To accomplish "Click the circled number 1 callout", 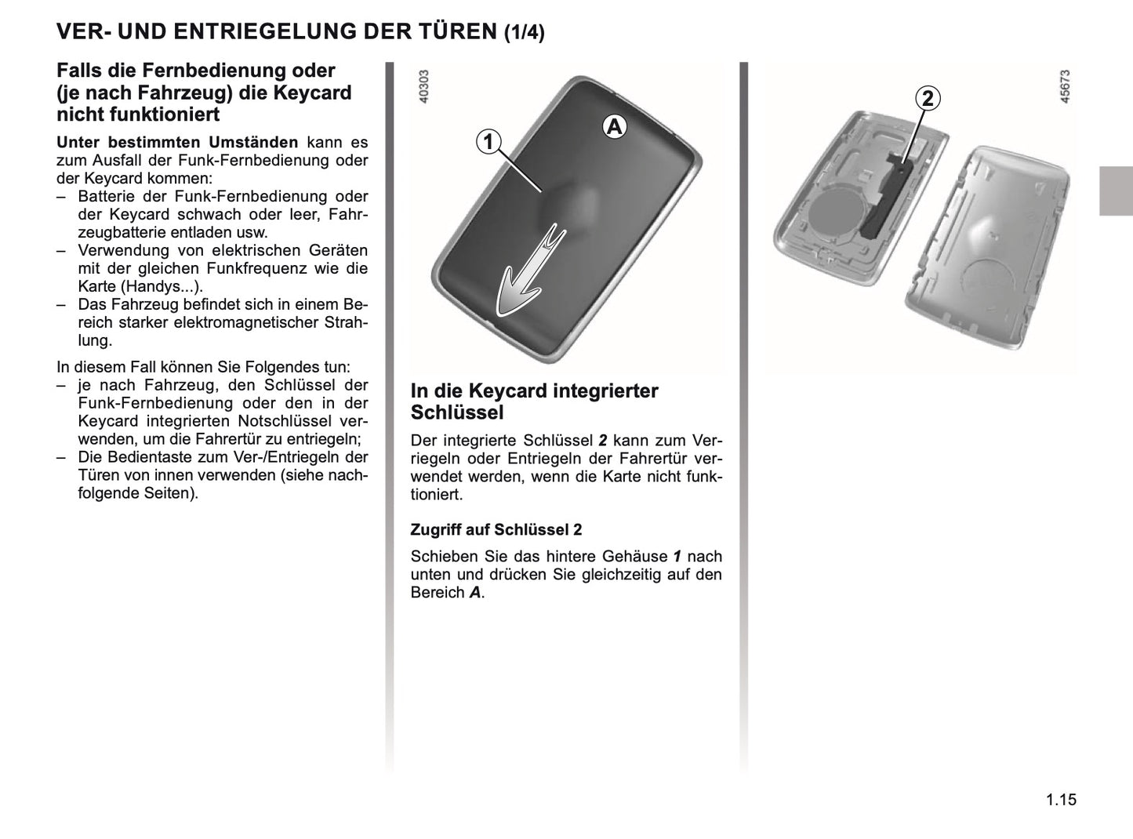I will (488, 142).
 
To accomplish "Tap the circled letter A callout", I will (614, 126).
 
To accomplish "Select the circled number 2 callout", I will (928, 99).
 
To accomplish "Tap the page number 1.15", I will (1061, 800).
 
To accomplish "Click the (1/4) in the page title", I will (524, 32).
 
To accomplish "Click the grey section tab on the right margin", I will (1116, 191).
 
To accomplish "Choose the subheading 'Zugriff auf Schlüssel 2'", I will (496, 529).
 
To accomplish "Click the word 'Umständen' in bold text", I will (256, 143).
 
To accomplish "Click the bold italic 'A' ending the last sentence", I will (475, 593).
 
